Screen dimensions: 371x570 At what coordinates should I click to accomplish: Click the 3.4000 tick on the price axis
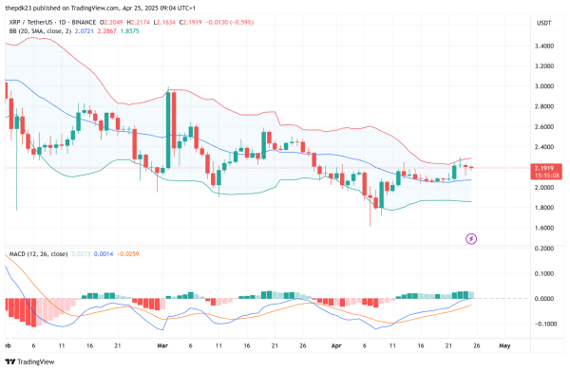tap(544, 46)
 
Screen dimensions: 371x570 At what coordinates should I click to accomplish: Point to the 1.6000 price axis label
tap(544, 228)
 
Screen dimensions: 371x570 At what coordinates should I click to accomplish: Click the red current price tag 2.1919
tap(545, 168)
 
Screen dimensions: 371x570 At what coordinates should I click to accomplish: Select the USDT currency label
tap(544, 22)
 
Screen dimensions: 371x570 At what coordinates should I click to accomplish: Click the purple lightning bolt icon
tap(471, 238)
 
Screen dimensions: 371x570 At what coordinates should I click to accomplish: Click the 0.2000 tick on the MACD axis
tap(544, 249)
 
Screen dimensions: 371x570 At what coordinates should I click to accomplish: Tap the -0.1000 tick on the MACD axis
tap(544, 324)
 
